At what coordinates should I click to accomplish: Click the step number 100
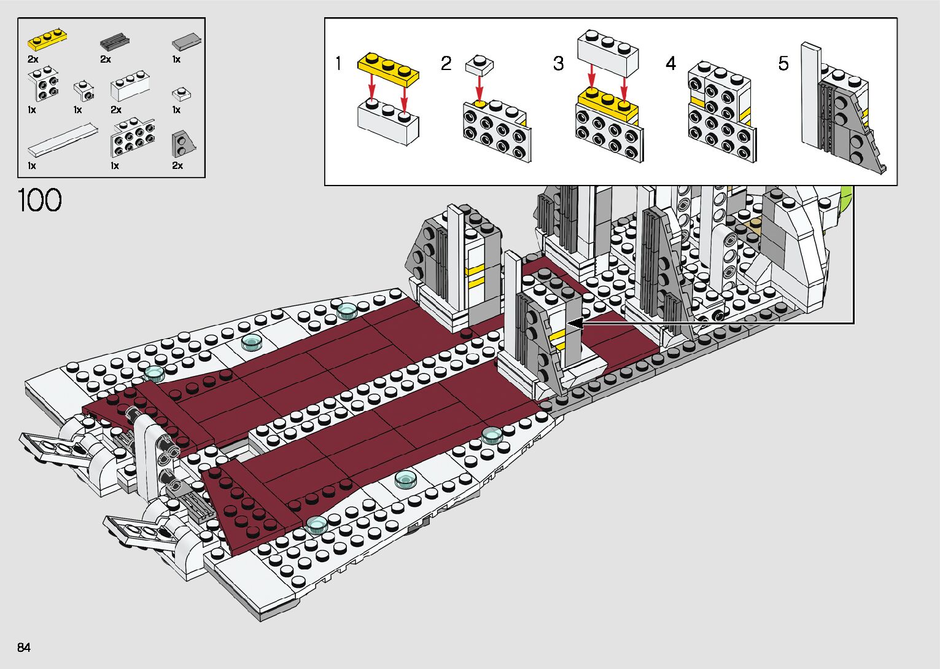pos(40,201)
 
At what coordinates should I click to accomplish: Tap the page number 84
pos(24,647)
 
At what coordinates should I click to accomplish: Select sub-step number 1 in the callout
pos(338,63)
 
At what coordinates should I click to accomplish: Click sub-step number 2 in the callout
pos(446,63)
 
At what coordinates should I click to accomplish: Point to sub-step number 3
pos(558,63)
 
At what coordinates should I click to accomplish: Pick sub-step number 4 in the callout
pos(670,63)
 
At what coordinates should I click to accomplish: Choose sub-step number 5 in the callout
pos(783,63)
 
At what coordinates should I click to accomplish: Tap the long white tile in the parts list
pos(63,141)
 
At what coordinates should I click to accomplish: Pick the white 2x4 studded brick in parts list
pos(133,138)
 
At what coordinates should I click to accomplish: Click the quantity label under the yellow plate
pos(33,59)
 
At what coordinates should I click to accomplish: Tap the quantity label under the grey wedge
pos(177,166)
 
